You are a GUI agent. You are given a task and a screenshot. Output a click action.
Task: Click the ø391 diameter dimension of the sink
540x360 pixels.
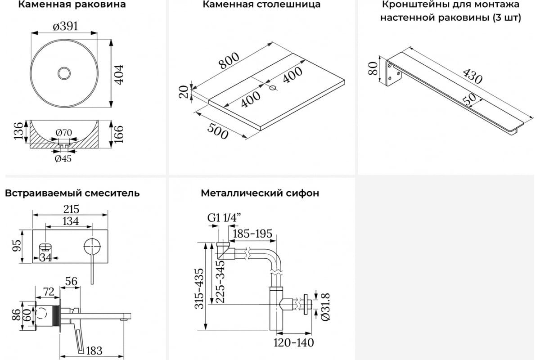66,26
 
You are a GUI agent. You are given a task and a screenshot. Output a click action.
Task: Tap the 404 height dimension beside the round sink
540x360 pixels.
119,75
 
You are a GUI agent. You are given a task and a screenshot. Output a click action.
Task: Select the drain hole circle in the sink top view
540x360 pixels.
64,73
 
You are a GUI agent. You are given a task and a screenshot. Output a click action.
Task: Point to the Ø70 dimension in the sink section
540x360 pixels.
63,132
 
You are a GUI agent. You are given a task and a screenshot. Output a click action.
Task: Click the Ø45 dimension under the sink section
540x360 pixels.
63,159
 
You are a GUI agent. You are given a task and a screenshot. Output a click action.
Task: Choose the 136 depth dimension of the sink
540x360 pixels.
18,131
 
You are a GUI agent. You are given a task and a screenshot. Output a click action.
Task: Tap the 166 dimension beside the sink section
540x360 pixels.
119,134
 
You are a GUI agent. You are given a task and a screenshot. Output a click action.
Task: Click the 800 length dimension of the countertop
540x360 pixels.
229,60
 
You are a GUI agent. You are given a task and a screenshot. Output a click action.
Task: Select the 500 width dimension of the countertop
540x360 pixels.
217,131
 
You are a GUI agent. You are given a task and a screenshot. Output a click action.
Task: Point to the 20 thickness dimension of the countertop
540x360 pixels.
184,92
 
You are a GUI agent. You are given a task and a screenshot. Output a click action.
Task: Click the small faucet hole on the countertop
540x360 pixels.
273,88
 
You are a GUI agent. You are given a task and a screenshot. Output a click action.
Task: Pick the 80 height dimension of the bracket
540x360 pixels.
373,68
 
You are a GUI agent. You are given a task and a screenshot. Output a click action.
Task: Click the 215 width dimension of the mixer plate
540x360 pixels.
72,209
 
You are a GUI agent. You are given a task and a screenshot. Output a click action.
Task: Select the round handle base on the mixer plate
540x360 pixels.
92,247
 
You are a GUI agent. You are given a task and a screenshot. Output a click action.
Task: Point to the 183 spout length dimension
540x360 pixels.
94,351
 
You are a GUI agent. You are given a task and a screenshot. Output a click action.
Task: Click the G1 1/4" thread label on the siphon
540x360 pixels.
224,218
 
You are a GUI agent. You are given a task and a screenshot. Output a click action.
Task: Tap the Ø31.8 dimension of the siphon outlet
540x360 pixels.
325,307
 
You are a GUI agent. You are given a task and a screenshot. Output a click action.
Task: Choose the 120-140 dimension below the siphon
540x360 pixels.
293,342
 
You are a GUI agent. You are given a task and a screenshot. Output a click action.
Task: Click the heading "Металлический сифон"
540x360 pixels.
260,193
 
